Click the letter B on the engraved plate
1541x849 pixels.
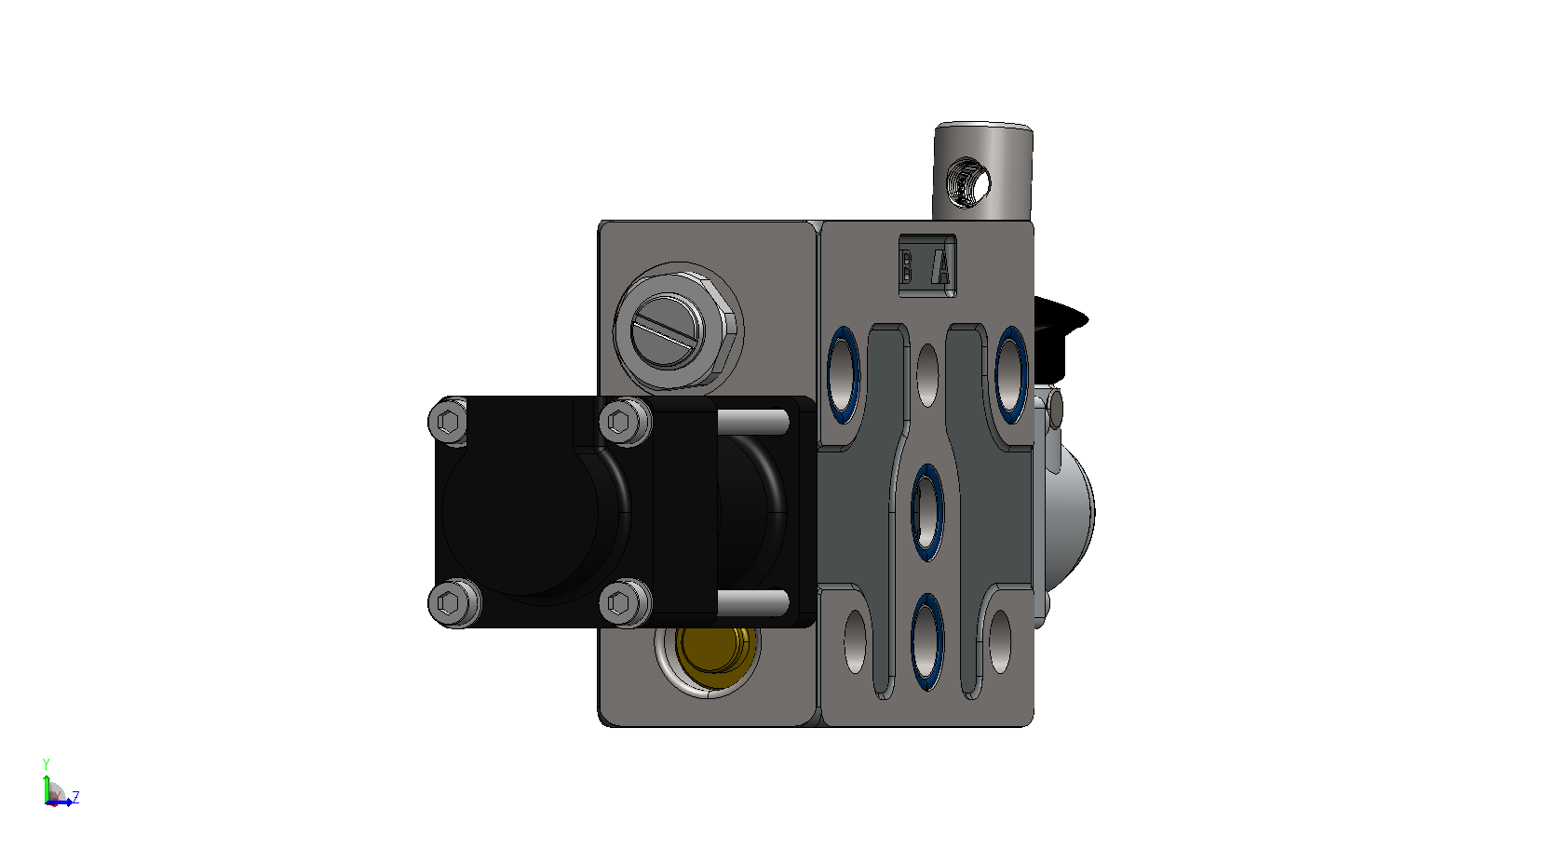[907, 266]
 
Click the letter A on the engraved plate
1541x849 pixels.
[942, 267]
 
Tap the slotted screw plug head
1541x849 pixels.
[666, 330]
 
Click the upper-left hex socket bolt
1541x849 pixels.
[449, 421]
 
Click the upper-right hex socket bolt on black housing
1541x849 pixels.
[620, 421]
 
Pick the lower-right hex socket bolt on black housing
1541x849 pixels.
[620, 602]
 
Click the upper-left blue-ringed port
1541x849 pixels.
[844, 374]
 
